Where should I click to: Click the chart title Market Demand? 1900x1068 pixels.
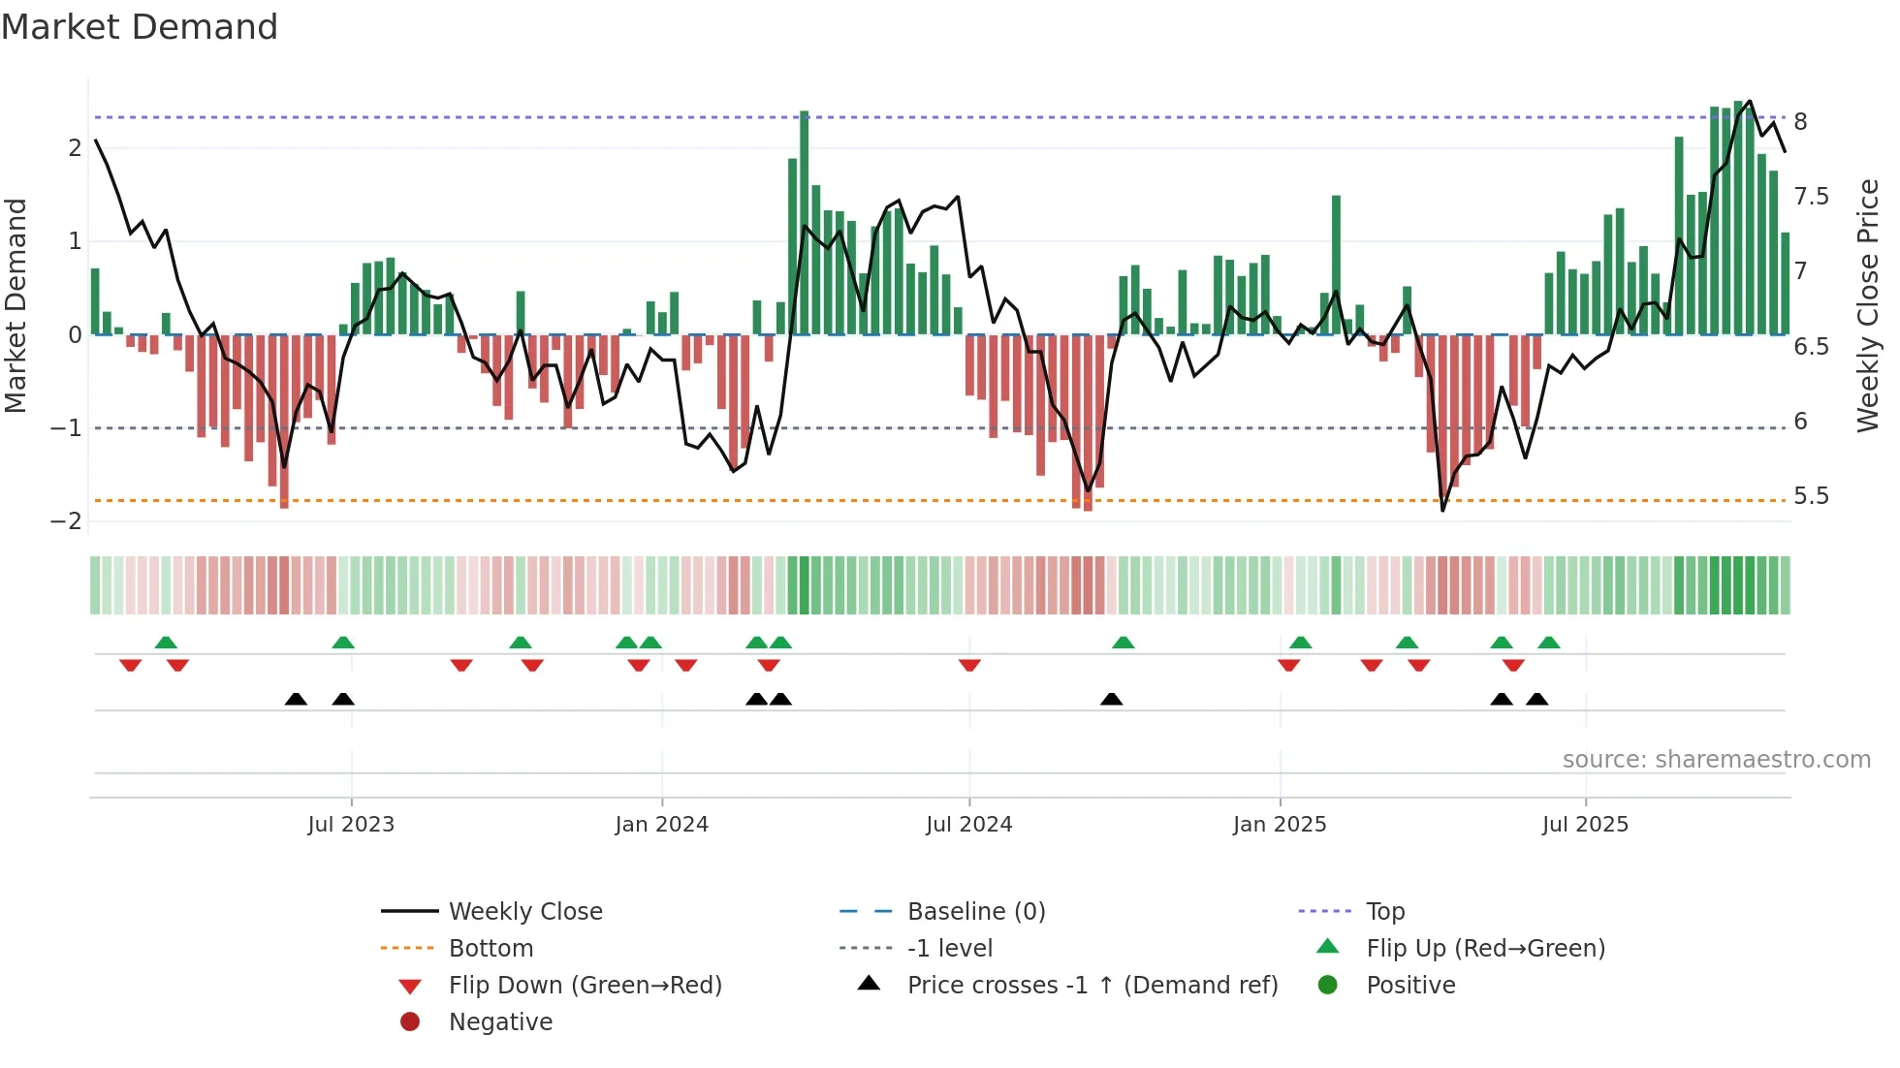pyautogui.click(x=140, y=27)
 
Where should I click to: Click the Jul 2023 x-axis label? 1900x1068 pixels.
pyautogui.click(x=351, y=825)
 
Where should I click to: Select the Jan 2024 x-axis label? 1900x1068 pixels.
pyautogui.click(x=661, y=825)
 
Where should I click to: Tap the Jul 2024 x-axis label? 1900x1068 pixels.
pyautogui.click(x=968, y=825)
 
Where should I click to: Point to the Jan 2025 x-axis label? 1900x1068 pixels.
pyautogui.click(x=1280, y=825)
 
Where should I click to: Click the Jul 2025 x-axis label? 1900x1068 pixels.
pyautogui.click(x=1585, y=825)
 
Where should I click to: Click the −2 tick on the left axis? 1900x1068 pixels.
pyautogui.click(x=66, y=521)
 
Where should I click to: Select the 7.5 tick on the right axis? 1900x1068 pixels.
pyautogui.click(x=1811, y=197)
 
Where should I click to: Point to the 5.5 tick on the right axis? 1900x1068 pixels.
pyautogui.click(x=1811, y=496)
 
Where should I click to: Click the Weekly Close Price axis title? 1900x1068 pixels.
pyautogui.click(x=1868, y=305)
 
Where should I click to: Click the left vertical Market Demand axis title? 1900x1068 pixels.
pyautogui.click(x=16, y=305)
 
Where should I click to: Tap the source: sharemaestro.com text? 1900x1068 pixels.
pyautogui.click(x=1716, y=760)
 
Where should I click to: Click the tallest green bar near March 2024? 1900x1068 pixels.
pyautogui.click(x=804, y=223)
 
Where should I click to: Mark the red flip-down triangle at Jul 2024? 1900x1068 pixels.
pyautogui.click(x=969, y=665)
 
